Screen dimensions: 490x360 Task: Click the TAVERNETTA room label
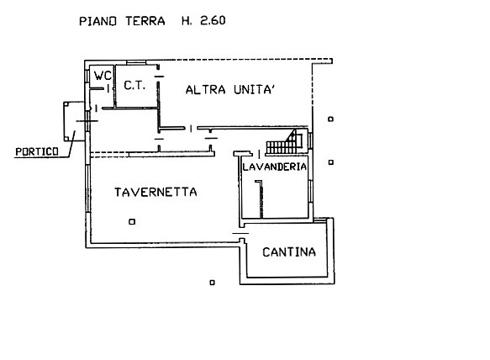pyautogui.click(x=155, y=192)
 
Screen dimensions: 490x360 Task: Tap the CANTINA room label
pyautogui.click(x=289, y=252)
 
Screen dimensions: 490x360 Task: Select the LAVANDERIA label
pyautogui.click(x=274, y=167)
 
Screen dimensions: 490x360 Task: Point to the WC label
pyautogui.click(x=103, y=76)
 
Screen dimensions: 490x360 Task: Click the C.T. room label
pyautogui.click(x=134, y=85)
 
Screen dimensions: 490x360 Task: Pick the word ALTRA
pyautogui.click(x=205, y=90)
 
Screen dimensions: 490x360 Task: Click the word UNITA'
pyautogui.click(x=254, y=90)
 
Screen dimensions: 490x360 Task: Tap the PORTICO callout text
pyautogui.click(x=37, y=152)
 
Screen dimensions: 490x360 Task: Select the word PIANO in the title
pyautogui.click(x=97, y=21)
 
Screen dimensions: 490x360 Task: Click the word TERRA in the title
pyautogui.click(x=145, y=21)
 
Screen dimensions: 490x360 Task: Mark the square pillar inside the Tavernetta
pyautogui.click(x=132, y=222)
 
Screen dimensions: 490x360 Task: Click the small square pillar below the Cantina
pyautogui.click(x=212, y=283)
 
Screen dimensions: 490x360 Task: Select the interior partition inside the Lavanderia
pyautogui.click(x=261, y=199)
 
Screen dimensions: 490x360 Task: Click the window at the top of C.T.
pyautogui.click(x=136, y=63)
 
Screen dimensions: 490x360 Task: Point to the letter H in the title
pyautogui.click(x=185, y=21)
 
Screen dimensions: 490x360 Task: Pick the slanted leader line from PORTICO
pyautogui.click(x=72, y=144)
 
